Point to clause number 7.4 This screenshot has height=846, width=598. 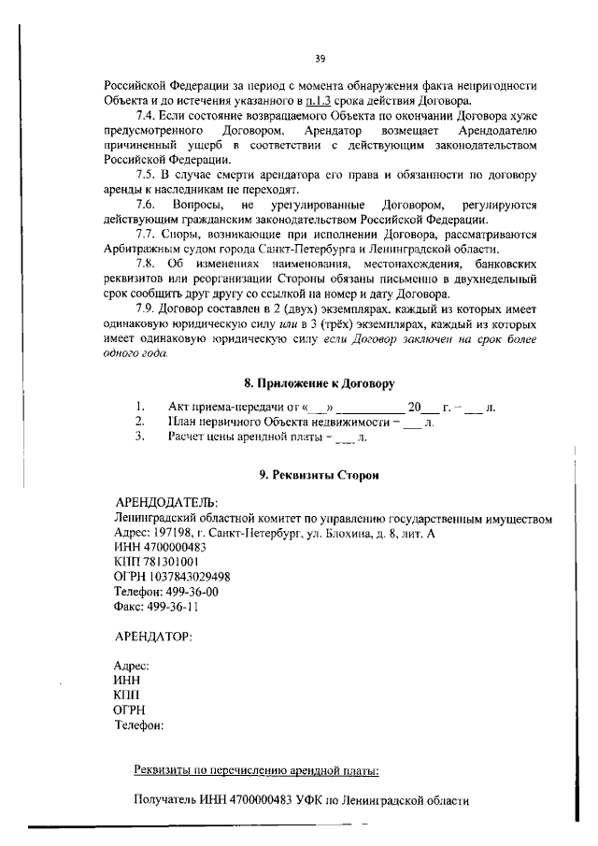[149, 114]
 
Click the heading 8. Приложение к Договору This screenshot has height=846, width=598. [319, 383]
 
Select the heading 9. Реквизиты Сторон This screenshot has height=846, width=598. [318, 475]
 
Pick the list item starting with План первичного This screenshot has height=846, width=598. [280, 422]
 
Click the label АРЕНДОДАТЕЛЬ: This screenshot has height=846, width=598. [164, 502]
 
